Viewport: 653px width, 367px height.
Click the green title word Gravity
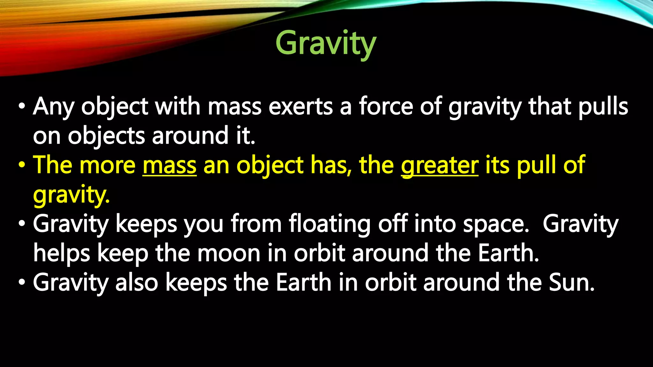326,43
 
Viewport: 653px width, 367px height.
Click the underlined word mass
169,165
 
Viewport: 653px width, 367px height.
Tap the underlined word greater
440,165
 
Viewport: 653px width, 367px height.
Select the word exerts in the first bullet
300,106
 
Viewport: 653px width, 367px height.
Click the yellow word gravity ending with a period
71,195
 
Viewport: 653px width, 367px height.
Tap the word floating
330,224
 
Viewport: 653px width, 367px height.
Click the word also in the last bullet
137,283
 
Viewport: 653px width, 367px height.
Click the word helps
62,253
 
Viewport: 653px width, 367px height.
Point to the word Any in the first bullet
54,107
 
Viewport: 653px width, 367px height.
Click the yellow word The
52,165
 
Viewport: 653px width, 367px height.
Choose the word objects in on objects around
106,136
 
